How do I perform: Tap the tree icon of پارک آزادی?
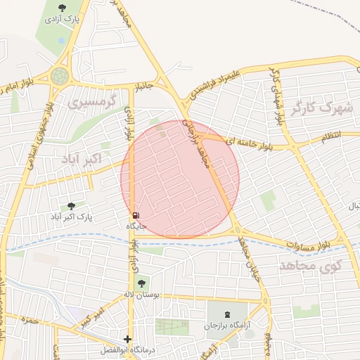[62, 8]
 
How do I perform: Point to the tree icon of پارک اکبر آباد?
[71, 206]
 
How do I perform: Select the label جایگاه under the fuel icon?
[136, 226]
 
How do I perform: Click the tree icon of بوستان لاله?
[143, 283]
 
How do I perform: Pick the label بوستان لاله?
[143, 295]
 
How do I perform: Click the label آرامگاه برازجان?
[226, 326]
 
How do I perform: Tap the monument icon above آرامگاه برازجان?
[226, 314]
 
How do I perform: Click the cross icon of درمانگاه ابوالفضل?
[127, 339]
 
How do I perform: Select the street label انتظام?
[330, 135]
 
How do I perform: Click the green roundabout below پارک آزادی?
[60, 76]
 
